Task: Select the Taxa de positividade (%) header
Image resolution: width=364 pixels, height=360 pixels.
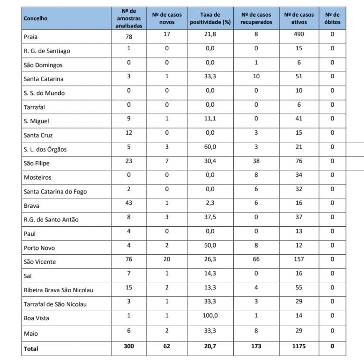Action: (210, 18)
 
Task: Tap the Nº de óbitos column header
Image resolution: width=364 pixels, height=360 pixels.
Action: (332, 18)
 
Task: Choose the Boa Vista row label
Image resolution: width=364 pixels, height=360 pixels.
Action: (36, 318)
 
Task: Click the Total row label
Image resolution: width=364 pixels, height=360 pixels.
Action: (31, 349)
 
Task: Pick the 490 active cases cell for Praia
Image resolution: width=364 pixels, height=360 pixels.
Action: (299, 34)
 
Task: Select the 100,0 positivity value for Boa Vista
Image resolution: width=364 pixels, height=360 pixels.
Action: (210, 315)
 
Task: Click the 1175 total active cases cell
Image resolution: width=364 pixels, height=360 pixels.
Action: (299, 346)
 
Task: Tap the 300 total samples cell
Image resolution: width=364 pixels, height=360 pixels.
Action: (128, 346)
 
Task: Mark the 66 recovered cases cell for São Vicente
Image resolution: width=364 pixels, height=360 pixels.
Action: (256, 259)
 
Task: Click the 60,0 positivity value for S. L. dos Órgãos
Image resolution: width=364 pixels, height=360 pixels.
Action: (210, 147)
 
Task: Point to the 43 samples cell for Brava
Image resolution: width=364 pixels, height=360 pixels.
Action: (128, 203)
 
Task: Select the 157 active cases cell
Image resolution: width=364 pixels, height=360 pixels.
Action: (299, 259)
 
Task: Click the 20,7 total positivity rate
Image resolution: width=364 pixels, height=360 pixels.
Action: (210, 346)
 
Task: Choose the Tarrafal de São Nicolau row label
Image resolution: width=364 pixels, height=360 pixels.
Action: (55, 304)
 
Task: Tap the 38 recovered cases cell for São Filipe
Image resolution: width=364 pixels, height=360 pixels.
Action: (256, 161)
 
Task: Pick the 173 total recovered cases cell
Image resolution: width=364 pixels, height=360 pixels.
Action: (256, 346)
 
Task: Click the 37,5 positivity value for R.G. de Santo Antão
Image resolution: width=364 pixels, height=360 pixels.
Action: (210, 217)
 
